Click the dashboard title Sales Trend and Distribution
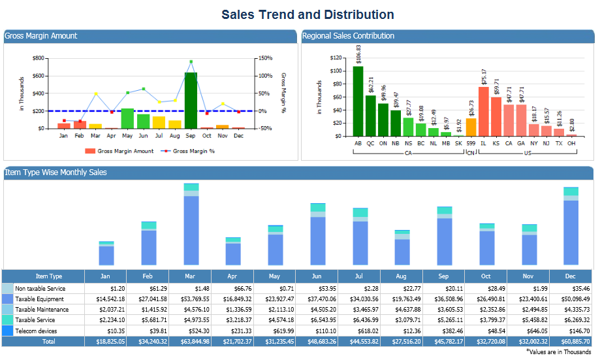tap(308, 15)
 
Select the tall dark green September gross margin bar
tap(191, 101)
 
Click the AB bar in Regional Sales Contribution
tap(358, 101)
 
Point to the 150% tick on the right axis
tap(264, 58)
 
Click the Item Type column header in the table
tap(49, 276)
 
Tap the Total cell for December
tap(569, 342)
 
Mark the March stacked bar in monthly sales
tap(191, 225)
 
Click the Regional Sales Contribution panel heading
tap(349, 36)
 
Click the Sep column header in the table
tap(443, 276)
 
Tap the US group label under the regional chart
tap(528, 153)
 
